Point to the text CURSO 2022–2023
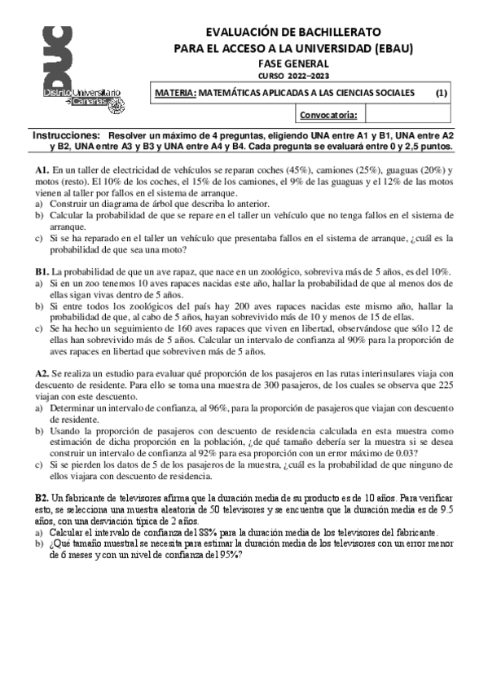coord(293,76)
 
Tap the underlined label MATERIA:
coord(175,93)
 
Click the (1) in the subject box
coord(441,93)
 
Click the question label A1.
coord(42,169)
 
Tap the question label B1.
coord(42,270)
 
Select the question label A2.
coord(42,372)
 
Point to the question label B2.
coord(42,495)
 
